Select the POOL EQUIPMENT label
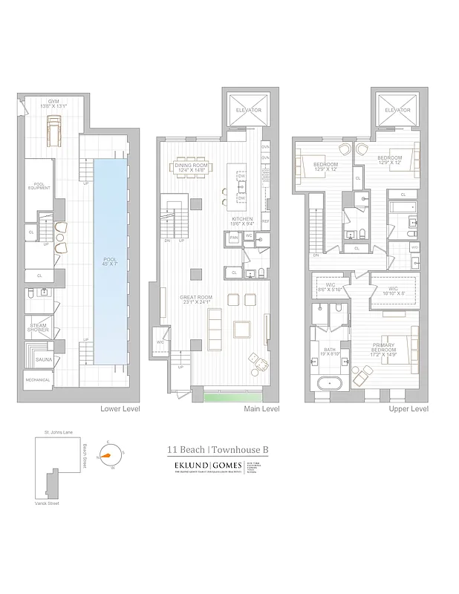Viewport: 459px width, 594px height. (x=40, y=186)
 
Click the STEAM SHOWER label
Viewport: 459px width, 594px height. (x=39, y=327)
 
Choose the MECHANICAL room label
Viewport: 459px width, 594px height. (x=37, y=380)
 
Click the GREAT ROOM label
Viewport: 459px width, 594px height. (x=196, y=300)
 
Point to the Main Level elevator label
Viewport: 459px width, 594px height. (x=248, y=110)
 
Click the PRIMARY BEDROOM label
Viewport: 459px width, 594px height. (x=383, y=347)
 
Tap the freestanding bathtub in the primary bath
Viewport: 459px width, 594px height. (x=331, y=385)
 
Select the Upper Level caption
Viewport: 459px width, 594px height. (x=408, y=408)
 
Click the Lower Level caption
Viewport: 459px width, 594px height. (x=120, y=408)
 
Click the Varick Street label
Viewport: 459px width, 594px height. (x=48, y=503)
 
